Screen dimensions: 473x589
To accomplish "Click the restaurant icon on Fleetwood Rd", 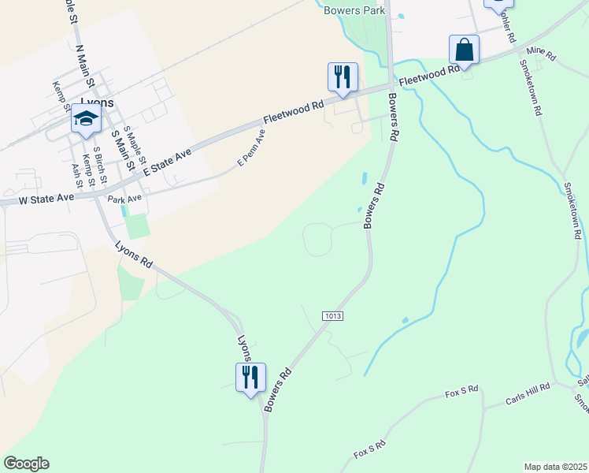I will point(343,77).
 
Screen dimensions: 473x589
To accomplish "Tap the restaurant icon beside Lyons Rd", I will point(250,377).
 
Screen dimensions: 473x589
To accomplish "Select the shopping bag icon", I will point(464,50).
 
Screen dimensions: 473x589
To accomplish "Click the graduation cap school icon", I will point(86,119).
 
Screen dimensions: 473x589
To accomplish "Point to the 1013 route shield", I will point(333,316).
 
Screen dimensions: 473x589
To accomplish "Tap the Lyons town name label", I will point(98,102).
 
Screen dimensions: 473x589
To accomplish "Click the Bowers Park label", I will point(355,11).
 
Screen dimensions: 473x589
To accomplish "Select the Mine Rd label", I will point(541,54).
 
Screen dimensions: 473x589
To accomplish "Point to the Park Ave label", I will point(125,199).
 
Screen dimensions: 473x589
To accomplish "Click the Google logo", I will point(26,464).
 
